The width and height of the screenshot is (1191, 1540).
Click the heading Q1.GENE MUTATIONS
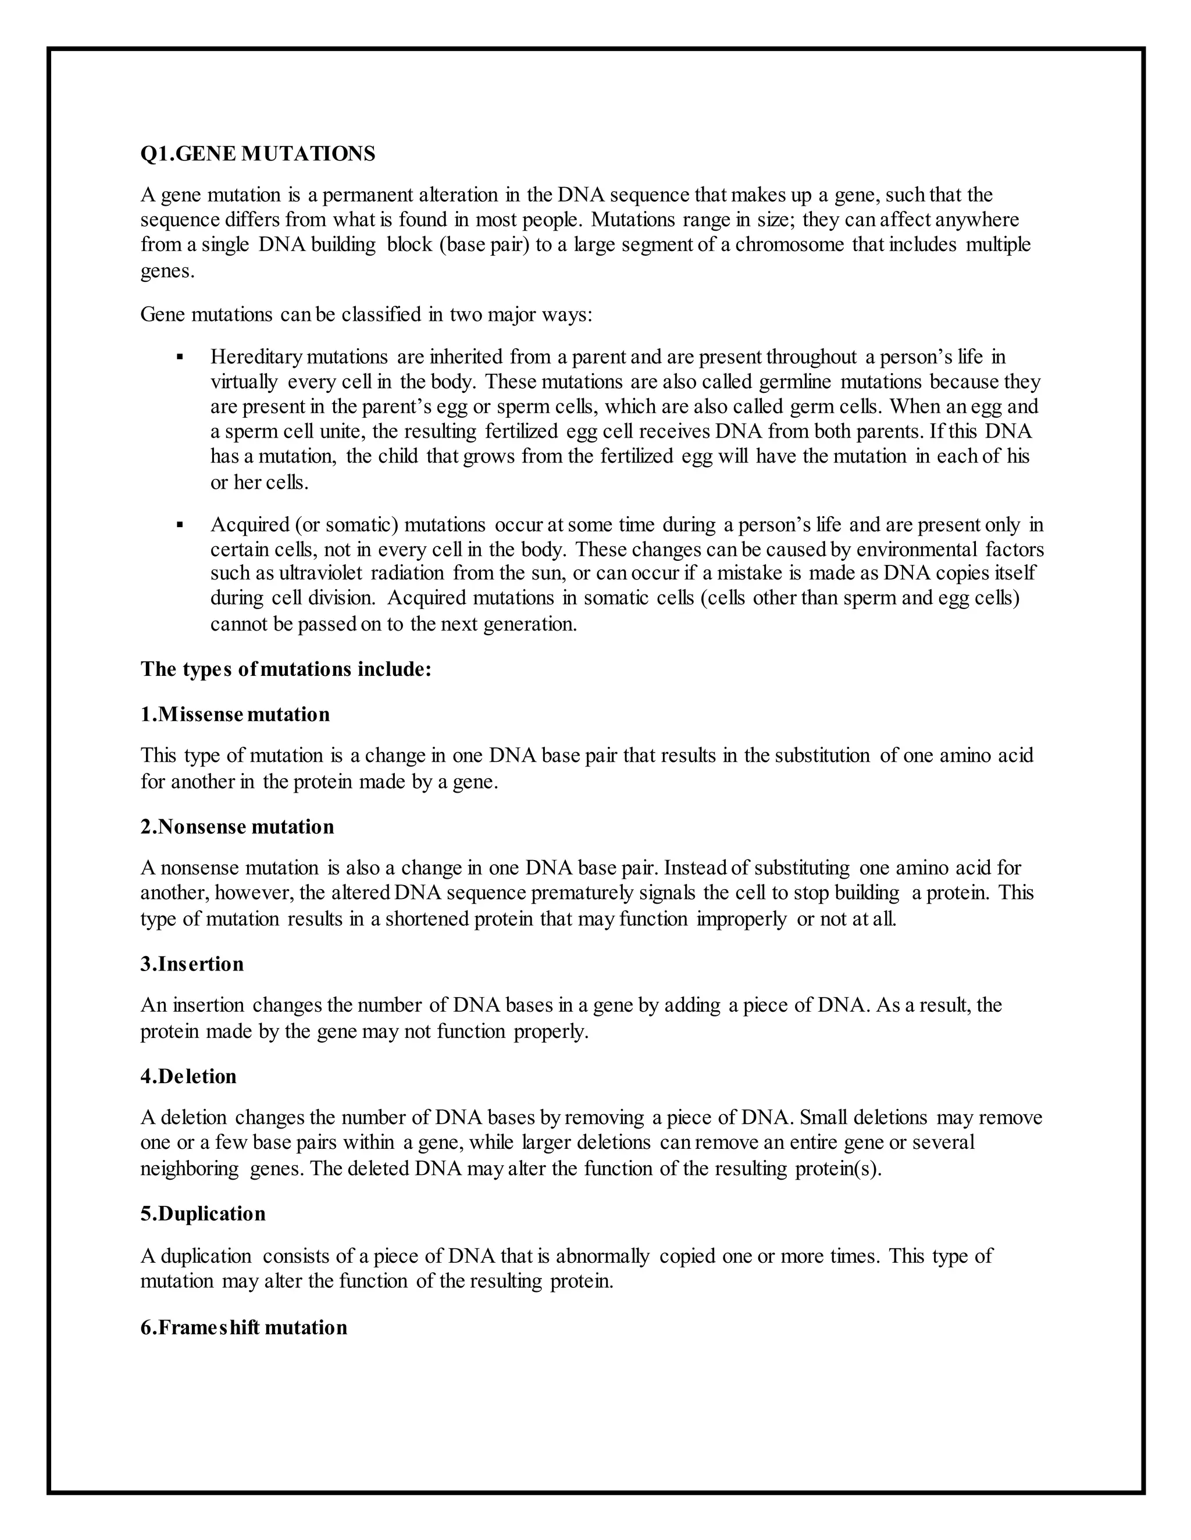258,154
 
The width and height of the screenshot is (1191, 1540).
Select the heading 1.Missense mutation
235,714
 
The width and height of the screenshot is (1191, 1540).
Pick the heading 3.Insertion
192,964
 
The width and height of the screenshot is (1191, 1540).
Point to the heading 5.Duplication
203,1213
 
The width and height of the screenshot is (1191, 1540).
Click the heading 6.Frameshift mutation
244,1328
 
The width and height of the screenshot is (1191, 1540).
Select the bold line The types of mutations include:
286,668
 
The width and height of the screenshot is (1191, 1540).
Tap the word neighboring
190,1169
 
